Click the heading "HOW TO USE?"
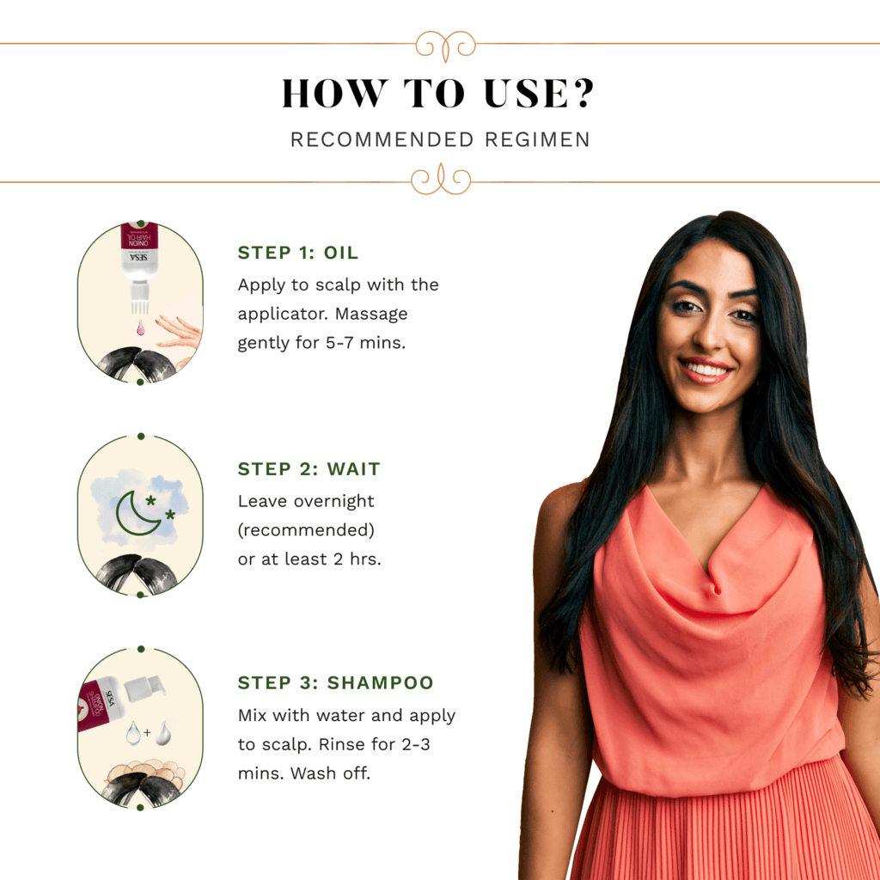point(437,93)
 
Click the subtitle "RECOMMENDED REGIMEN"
point(440,139)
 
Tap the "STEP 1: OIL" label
point(298,253)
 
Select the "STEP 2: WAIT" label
point(309,468)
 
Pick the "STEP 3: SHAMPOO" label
point(336,682)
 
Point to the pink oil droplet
point(140,327)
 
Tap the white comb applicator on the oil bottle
point(140,298)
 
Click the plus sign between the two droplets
point(147,732)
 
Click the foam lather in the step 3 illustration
point(147,773)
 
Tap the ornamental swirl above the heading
point(446,45)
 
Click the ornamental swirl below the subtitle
point(441,180)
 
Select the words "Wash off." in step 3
point(331,773)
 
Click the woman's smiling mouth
point(705,370)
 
